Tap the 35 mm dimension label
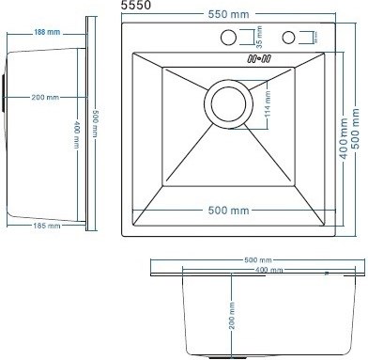point(259,39)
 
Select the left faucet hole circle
point(227,38)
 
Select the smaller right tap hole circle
point(289,38)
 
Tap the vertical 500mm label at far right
point(356,121)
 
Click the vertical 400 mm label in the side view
point(76,127)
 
